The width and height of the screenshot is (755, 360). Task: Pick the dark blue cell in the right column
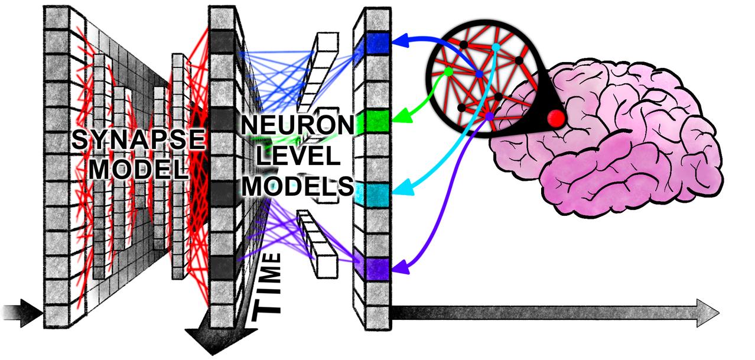377,43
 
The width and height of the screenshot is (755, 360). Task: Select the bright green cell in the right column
376,122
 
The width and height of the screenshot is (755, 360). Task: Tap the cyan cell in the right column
376,193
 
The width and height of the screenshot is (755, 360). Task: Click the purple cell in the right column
376,268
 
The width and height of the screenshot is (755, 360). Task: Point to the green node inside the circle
448,72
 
